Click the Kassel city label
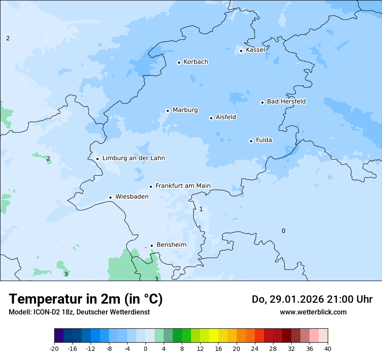[255, 50]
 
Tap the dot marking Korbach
[179, 62]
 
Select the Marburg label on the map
[185, 110]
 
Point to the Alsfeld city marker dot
[211, 118]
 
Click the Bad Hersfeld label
[286, 101]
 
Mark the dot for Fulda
[251, 141]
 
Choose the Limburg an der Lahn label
[133, 158]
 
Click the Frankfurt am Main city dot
[151, 187]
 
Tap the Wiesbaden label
[132, 196]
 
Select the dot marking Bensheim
[151, 246]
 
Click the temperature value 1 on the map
[201, 209]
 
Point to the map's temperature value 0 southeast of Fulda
[283, 231]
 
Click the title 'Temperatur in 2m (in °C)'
[86, 299]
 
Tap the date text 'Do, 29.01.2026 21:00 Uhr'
[312, 299]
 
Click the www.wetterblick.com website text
[313, 312]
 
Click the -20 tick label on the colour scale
[54, 349]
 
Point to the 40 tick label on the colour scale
[327, 349]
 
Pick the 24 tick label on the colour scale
[254, 349]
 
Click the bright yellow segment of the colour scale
[214, 336]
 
